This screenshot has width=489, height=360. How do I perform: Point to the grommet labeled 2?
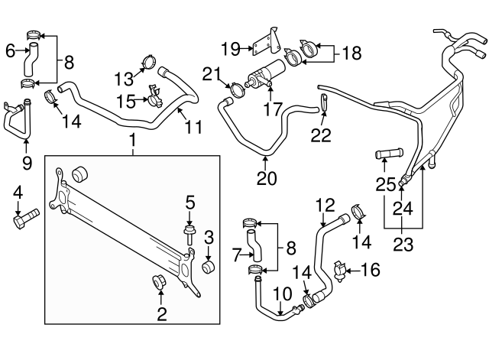tap(160, 283)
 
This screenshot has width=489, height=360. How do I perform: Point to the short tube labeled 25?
tap(387, 158)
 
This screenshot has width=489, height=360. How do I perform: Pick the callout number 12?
tap(325, 204)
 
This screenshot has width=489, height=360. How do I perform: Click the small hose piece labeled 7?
tap(257, 248)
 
